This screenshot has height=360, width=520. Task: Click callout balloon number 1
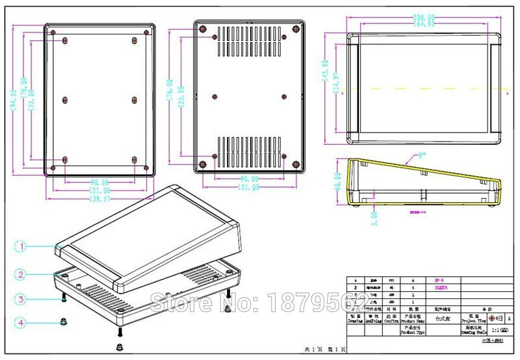click(21, 246)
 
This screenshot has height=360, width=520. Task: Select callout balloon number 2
click(21, 275)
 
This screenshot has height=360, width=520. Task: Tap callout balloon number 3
click(21, 300)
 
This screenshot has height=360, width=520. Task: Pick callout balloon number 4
click(21, 322)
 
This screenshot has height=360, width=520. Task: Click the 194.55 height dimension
click(14, 100)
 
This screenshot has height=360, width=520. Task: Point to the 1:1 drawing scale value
click(491, 331)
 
